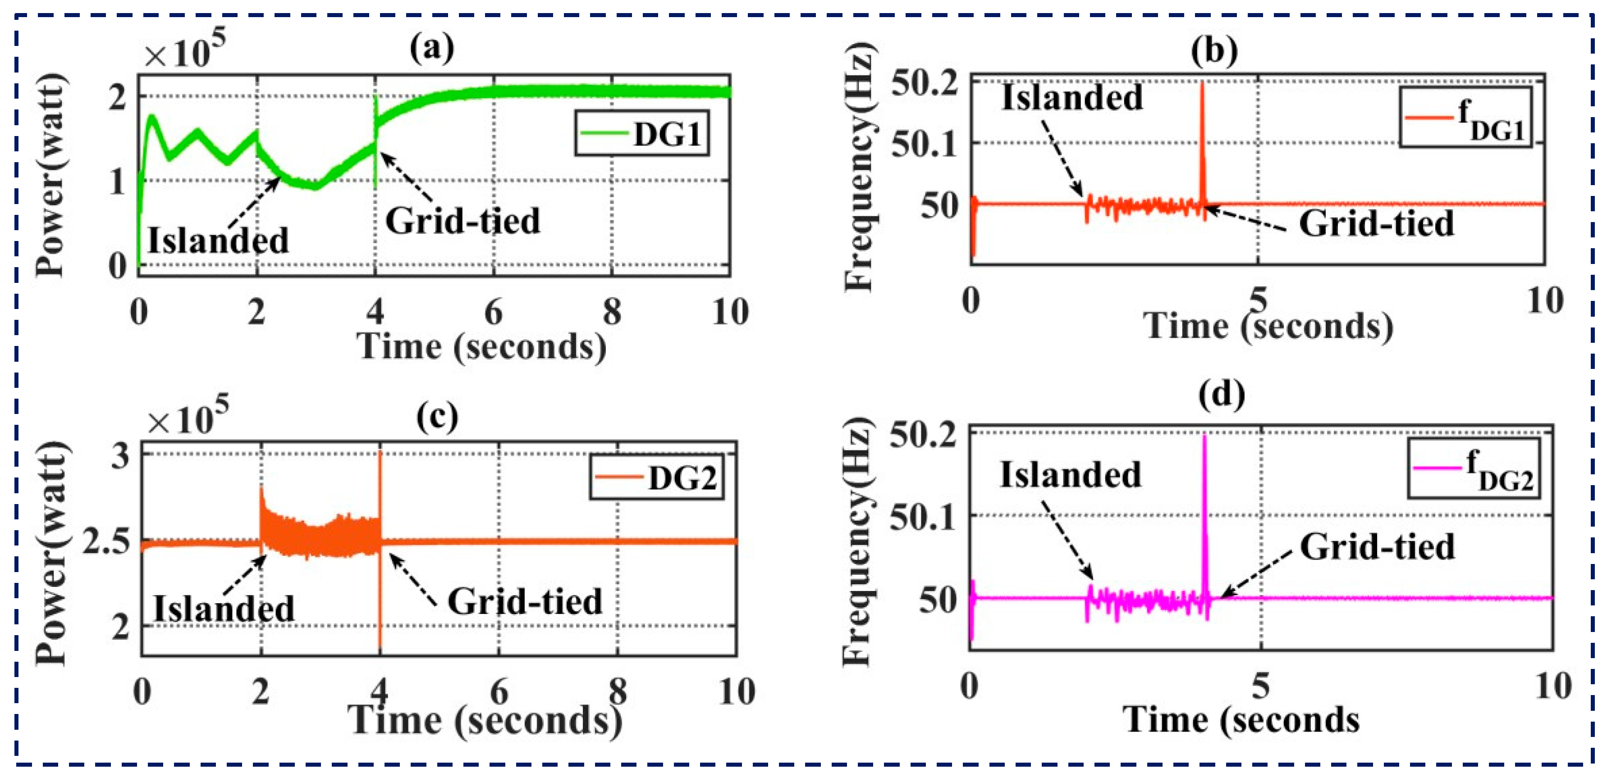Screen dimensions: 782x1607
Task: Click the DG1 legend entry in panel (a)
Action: pos(642,133)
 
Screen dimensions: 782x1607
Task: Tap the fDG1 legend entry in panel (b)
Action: pos(1465,118)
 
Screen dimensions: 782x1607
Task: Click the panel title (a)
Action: pos(432,47)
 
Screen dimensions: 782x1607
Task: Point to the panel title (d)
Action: pos(1222,394)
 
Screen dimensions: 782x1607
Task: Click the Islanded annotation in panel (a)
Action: pos(218,240)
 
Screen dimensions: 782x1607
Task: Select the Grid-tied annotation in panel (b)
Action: pos(1376,223)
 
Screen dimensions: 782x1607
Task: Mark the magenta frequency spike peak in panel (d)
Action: pos(1204,436)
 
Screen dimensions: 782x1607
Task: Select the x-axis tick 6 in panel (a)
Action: pos(494,312)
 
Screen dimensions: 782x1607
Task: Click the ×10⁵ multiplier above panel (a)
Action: pos(185,51)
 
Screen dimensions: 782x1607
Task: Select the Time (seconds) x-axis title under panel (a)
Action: pos(481,346)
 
